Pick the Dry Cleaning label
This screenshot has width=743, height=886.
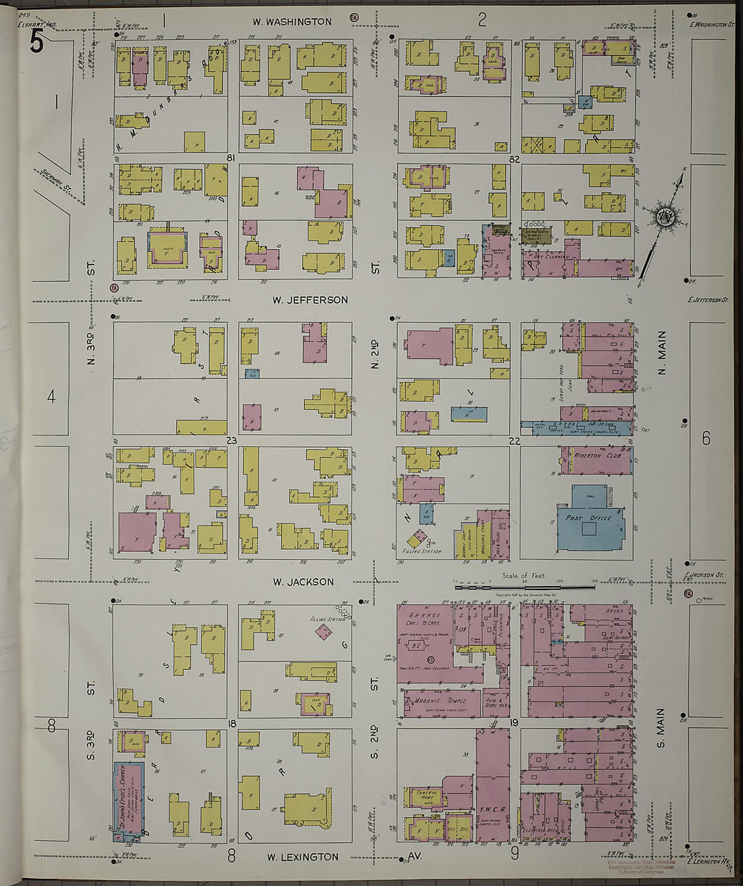click(551, 257)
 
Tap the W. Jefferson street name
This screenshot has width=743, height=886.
click(310, 300)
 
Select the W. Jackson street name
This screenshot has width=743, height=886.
click(303, 581)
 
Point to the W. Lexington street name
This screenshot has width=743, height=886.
click(302, 857)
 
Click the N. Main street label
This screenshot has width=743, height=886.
click(662, 353)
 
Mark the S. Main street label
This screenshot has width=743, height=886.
click(662, 728)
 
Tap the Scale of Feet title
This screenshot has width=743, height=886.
click(523, 576)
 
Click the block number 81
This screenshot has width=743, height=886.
click(231, 158)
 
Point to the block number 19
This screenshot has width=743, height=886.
click(514, 723)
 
